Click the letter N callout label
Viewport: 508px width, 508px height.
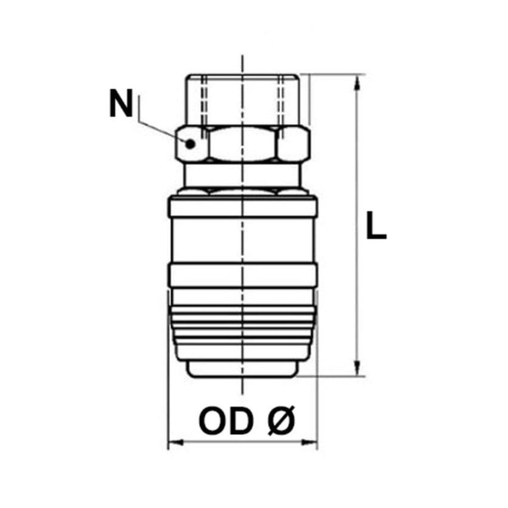point(120,104)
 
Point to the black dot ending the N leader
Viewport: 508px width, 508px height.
point(190,144)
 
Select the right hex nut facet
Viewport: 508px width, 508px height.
point(294,144)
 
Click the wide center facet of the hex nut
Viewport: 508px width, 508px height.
point(243,144)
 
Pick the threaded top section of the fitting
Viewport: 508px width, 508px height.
point(243,99)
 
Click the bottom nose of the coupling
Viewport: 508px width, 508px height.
point(243,368)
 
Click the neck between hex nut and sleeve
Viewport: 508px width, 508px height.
point(243,175)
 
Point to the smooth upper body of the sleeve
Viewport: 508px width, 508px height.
point(243,239)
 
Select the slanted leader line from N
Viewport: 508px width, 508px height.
point(160,131)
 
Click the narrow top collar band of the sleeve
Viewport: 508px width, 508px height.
point(243,207)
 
